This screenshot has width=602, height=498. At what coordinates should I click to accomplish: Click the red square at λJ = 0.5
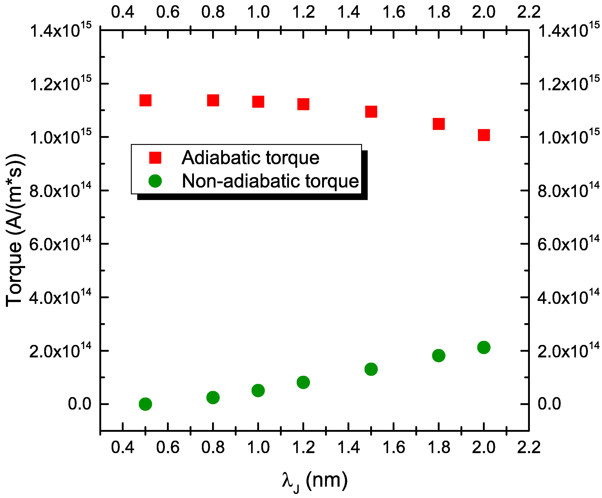(145, 100)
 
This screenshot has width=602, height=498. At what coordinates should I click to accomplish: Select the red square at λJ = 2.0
(484, 135)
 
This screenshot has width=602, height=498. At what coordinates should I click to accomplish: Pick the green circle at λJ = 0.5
(145, 404)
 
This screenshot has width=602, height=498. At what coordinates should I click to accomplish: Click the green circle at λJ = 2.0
(484, 347)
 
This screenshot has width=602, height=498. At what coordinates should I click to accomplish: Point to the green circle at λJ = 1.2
(303, 382)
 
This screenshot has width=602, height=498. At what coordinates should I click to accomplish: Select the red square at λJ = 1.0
(258, 101)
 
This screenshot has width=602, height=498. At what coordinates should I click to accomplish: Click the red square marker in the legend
(155, 158)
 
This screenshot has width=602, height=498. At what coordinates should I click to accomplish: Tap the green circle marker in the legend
(155, 181)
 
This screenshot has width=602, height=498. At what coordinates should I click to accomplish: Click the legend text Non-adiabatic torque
(270, 181)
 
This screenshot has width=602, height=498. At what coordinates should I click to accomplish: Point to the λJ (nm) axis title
(314, 481)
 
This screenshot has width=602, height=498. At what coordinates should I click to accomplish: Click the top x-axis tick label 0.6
(168, 12)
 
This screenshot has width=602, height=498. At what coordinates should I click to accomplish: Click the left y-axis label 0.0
(79, 404)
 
